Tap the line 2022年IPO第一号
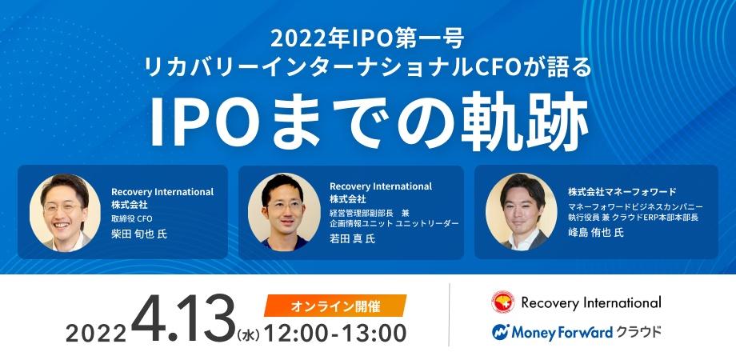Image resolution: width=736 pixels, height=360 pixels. pos(368,38)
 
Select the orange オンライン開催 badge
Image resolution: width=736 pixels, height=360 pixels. pos(334,305)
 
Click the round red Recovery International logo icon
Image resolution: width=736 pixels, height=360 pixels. pos(502,302)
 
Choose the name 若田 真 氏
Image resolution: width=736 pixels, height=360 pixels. pos(351,238)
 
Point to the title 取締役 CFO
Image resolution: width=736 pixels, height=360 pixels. pos(132,218)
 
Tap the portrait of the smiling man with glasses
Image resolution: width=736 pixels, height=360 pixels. pos(65,213)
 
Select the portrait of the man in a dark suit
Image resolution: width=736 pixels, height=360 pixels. pos(522,212)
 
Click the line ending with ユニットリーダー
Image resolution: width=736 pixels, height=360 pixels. pos(393,225)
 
